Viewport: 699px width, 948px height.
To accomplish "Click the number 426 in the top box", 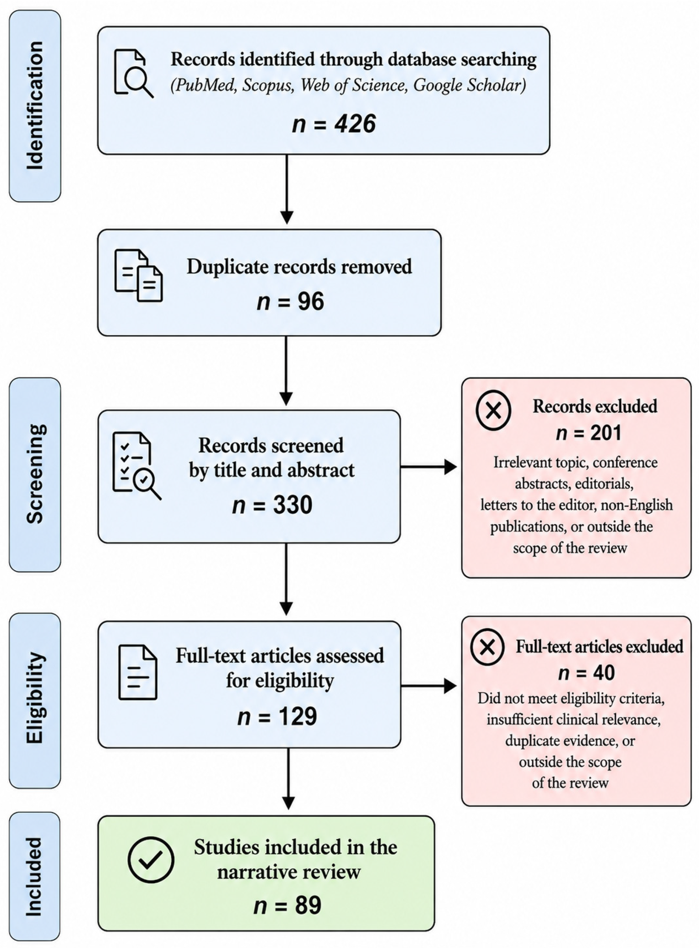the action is pyautogui.click(x=355, y=124).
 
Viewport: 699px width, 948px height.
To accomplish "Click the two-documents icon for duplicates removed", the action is pyautogui.click(x=138, y=275).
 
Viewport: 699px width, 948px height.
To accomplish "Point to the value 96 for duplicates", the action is pyautogui.click(x=311, y=302).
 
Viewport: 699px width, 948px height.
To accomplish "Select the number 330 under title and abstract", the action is pyautogui.click(x=293, y=505).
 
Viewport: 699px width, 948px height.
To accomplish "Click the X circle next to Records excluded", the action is pyautogui.click(x=493, y=410).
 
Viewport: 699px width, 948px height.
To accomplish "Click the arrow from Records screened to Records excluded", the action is pyautogui.click(x=429, y=467).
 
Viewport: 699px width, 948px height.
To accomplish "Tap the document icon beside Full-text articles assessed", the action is pyautogui.click(x=138, y=672).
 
